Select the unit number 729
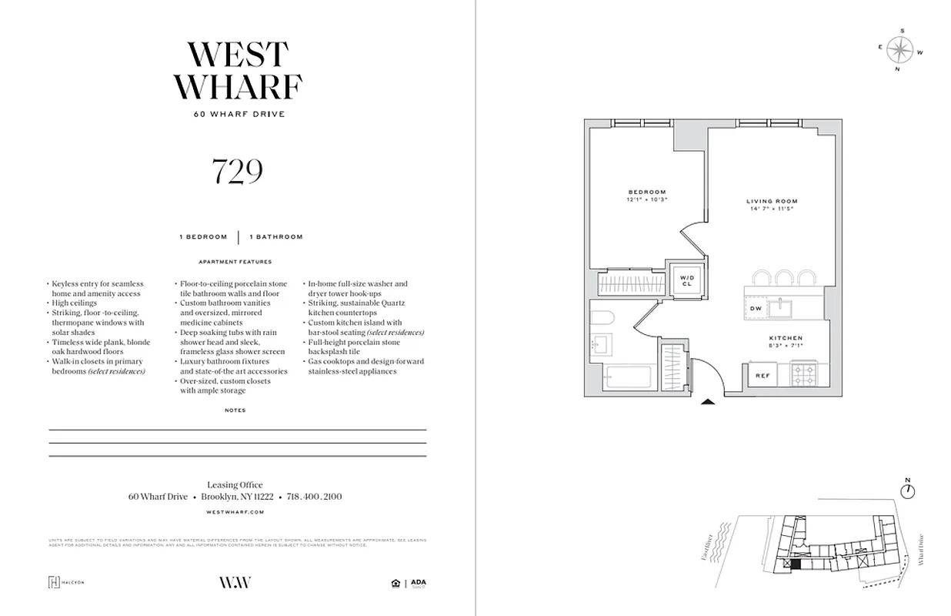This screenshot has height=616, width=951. (x=237, y=172)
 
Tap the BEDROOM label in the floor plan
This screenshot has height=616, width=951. (x=646, y=192)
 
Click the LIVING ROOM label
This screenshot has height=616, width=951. (x=772, y=202)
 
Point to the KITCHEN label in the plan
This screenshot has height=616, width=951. (x=786, y=338)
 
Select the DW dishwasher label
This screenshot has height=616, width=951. (x=756, y=309)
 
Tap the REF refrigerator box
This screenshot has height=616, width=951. (x=762, y=376)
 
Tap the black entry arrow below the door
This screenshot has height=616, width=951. (x=708, y=401)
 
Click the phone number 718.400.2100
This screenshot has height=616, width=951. (x=314, y=497)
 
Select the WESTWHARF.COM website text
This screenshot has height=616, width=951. (x=236, y=512)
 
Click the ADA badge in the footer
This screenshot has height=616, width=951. (x=419, y=583)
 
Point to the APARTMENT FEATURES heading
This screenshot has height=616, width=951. (x=235, y=261)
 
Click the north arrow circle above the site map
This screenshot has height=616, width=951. (x=908, y=490)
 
